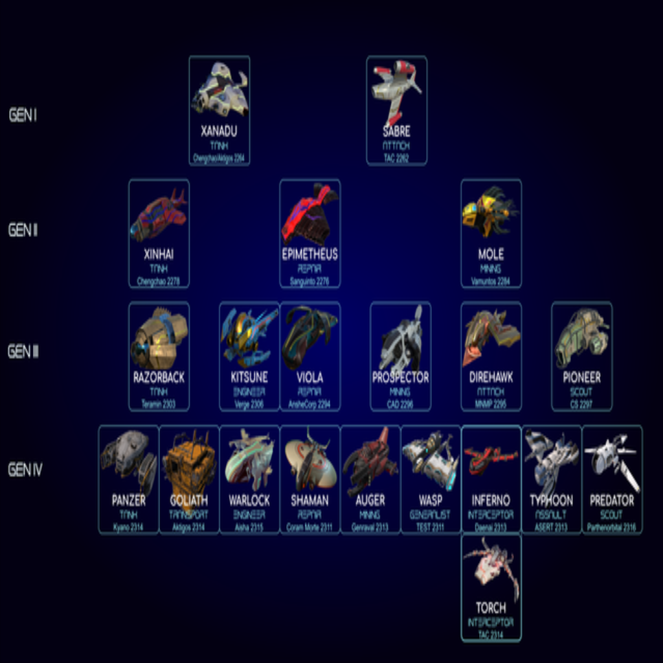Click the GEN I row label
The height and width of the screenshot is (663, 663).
pyautogui.click(x=23, y=115)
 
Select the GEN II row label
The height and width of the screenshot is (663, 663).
pyautogui.click(x=23, y=230)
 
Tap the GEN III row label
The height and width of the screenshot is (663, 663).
pyautogui.click(x=23, y=352)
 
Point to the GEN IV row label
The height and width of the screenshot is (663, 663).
pyautogui.click(x=25, y=469)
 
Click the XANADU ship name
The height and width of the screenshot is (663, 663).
pyautogui.click(x=219, y=131)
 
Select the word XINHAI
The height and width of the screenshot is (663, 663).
pyautogui.click(x=159, y=254)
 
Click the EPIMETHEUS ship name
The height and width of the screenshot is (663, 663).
pyautogui.click(x=309, y=254)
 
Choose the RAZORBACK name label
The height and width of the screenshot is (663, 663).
pyautogui.click(x=159, y=377)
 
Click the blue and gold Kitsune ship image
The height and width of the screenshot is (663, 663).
pyautogui.click(x=249, y=335)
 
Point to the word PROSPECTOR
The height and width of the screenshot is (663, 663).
pyautogui.click(x=400, y=377)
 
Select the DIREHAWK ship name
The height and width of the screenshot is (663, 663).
pyautogui.click(x=491, y=377)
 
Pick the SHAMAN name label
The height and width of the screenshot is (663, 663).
pyautogui.click(x=309, y=500)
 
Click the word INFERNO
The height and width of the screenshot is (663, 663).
pyautogui.click(x=491, y=500)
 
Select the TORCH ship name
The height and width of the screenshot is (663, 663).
pyautogui.click(x=491, y=608)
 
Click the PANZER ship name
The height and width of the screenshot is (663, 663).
pyautogui.click(x=128, y=500)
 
